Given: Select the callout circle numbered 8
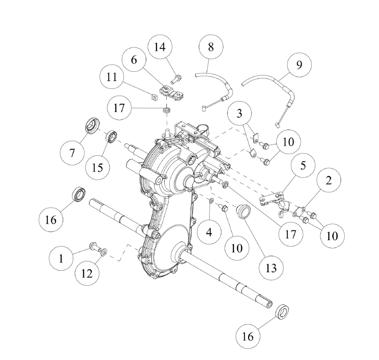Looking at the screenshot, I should (x=211, y=47).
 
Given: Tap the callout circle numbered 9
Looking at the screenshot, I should (x=299, y=65).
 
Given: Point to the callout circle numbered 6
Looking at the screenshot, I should (x=134, y=60).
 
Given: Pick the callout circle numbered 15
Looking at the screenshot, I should (x=97, y=167).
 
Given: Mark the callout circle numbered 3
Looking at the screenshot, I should (x=239, y=113).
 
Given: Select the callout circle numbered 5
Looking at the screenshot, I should (x=303, y=165).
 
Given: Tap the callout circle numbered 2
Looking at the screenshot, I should (x=328, y=181).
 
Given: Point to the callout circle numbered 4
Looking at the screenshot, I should (x=209, y=233).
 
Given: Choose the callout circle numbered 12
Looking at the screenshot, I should (x=87, y=273).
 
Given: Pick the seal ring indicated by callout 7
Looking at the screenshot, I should (x=91, y=124).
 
